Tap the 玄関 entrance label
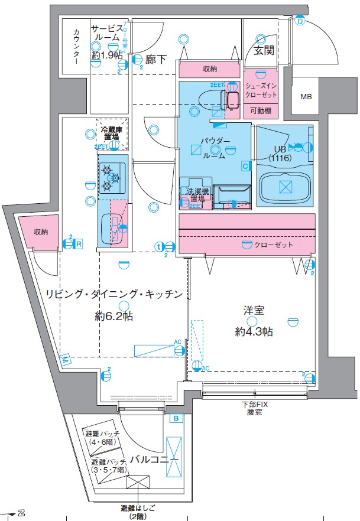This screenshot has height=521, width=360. click(x=264, y=51)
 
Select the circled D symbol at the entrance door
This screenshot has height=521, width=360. click(x=300, y=22)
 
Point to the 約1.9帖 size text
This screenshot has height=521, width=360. click(x=107, y=56)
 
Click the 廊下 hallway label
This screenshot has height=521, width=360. click(x=156, y=59)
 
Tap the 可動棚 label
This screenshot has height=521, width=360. click(x=261, y=110)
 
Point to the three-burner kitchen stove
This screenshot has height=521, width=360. click(x=111, y=177)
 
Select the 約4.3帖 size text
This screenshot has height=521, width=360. click(x=254, y=332)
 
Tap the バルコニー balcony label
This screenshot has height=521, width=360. click(x=155, y=459)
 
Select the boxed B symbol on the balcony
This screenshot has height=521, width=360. click(x=176, y=419)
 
